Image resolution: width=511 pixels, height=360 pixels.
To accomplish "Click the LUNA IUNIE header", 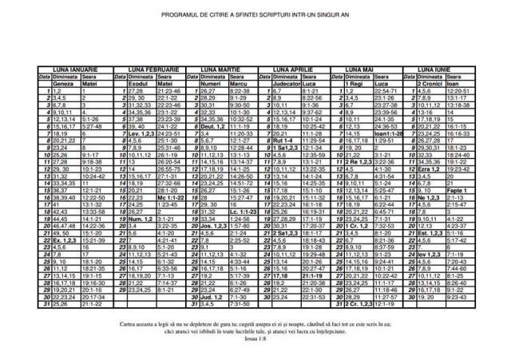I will point(446,70).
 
